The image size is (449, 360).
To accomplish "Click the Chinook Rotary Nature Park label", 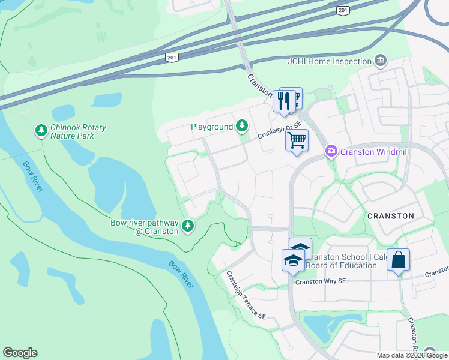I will click(x=78, y=132).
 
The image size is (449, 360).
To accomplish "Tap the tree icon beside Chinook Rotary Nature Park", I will click(x=41, y=130).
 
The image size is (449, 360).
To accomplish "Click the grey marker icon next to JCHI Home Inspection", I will click(x=380, y=61).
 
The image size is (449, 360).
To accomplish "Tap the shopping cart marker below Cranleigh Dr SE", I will click(x=297, y=141).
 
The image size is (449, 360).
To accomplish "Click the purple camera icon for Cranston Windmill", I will click(x=331, y=152).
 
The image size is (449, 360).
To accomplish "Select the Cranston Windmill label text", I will click(x=374, y=152).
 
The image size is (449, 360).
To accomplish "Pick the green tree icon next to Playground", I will click(x=242, y=126).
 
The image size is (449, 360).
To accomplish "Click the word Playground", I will click(x=211, y=127).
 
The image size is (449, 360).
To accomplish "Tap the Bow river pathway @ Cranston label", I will click(x=144, y=227).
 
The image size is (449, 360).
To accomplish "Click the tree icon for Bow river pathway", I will click(x=188, y=226).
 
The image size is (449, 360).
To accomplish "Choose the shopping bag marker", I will click(x=398, y=260).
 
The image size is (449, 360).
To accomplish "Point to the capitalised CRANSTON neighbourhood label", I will click(x=391, y=216).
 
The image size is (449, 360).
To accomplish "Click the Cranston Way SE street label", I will click(x=321, y=281).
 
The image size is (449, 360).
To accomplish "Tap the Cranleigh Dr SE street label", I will click(x=279, y=129).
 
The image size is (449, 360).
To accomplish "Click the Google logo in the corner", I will click(x=20, y=353).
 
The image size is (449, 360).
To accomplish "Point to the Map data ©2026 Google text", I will click(x=412, y=355).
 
